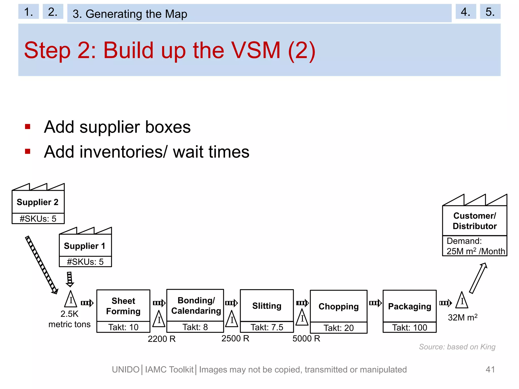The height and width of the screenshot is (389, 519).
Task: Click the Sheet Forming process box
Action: tap(123, 306)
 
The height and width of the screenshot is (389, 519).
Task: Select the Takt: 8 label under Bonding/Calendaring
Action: tap(195, 327)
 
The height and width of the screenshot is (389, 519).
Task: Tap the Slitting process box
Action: tap(267, 306)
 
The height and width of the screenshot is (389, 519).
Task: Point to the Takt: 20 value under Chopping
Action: tap(339, 328)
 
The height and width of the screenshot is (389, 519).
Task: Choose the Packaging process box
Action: tap(410, 306)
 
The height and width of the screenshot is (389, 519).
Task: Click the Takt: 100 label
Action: tap(410, 327)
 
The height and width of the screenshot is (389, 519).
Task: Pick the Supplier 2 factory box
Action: tap(38, 202)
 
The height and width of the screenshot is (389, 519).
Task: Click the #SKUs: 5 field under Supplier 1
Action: tap(85, 262)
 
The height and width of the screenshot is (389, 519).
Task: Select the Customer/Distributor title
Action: tap(474, 221)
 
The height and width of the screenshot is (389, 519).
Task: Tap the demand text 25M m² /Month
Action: tap(475, 251)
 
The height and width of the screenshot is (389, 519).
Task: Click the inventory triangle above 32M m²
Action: tap(462, 301)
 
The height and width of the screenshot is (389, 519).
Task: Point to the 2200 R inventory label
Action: tap(161, 339)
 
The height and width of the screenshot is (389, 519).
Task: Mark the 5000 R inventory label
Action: tap(306, 338)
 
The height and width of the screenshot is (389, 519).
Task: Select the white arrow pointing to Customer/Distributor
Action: tap(478, 278)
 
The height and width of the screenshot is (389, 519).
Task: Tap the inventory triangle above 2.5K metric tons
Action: tap(71, 300)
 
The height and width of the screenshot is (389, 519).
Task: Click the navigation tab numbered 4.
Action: tap(466, 12)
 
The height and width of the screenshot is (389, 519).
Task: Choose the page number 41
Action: tap(490, 369)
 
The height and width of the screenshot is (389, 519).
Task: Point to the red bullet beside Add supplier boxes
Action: tap(28, 127)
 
